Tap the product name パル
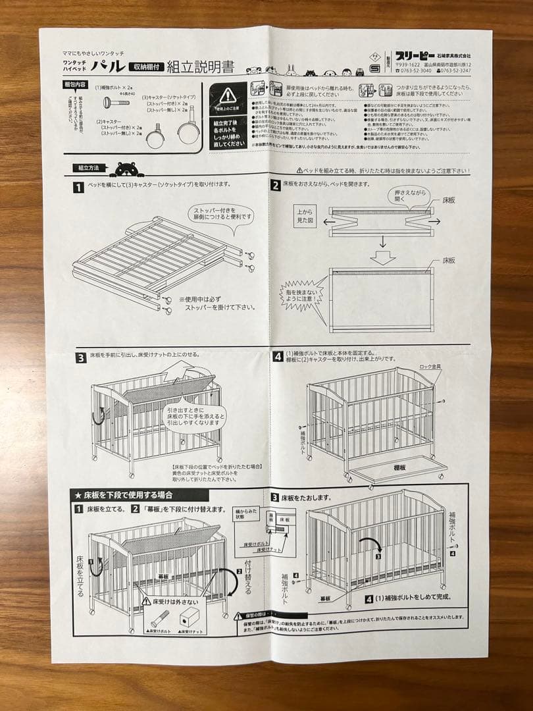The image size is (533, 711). (x=106, y=66)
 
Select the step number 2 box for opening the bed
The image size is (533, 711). (x=275, y=185)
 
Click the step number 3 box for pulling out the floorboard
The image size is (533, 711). (x=79, y=357)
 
